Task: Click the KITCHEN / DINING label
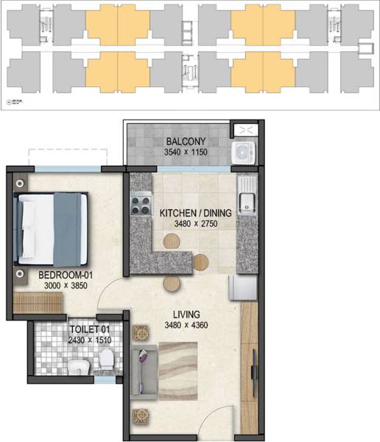coord(195,214)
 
